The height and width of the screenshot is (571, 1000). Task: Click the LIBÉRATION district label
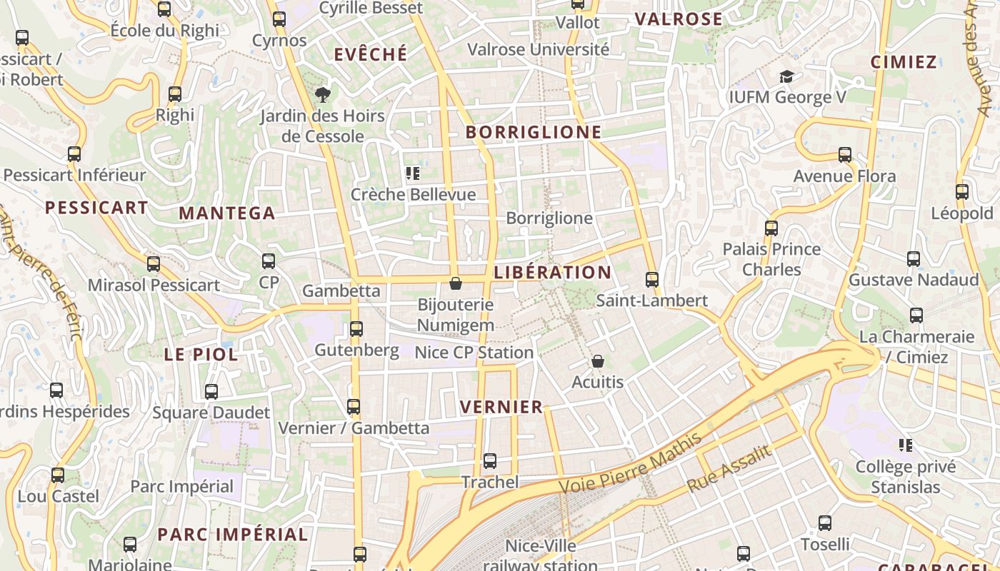[x=552, y=272]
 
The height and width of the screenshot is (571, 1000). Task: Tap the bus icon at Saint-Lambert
[x=651, y=280]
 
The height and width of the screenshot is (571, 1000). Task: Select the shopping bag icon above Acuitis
[x=598, y=362]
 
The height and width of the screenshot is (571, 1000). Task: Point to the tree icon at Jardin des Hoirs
[x=323, y=94]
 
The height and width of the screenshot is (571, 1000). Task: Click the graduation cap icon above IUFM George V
[x=786, y=76]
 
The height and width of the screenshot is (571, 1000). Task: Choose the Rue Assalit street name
[x=729, y=468]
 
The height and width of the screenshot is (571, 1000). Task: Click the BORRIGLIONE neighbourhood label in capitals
[x=534, y=132]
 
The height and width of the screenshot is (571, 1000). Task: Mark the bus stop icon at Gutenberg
[x=356, y=329]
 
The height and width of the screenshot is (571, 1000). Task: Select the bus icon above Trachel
[x=489, y=461]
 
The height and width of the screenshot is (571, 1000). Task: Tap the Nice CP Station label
[x=474, y=353]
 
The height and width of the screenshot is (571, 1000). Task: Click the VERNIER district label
[x=501, y=407]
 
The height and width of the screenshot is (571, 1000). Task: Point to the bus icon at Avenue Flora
[x=845, y=155]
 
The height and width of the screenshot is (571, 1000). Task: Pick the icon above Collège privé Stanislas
[x=906, y=446]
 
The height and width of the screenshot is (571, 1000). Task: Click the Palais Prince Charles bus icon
[x=771, y=228]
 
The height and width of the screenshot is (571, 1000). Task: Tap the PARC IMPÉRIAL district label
[x=232, y=534]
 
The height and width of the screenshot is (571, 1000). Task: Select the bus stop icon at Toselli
[x=825, y=523]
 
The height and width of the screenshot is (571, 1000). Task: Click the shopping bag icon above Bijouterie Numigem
[x=455, y=284]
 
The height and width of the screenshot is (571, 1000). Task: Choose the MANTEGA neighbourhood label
[x=226, y=213]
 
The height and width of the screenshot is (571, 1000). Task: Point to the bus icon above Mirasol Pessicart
[x=154, y=264]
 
